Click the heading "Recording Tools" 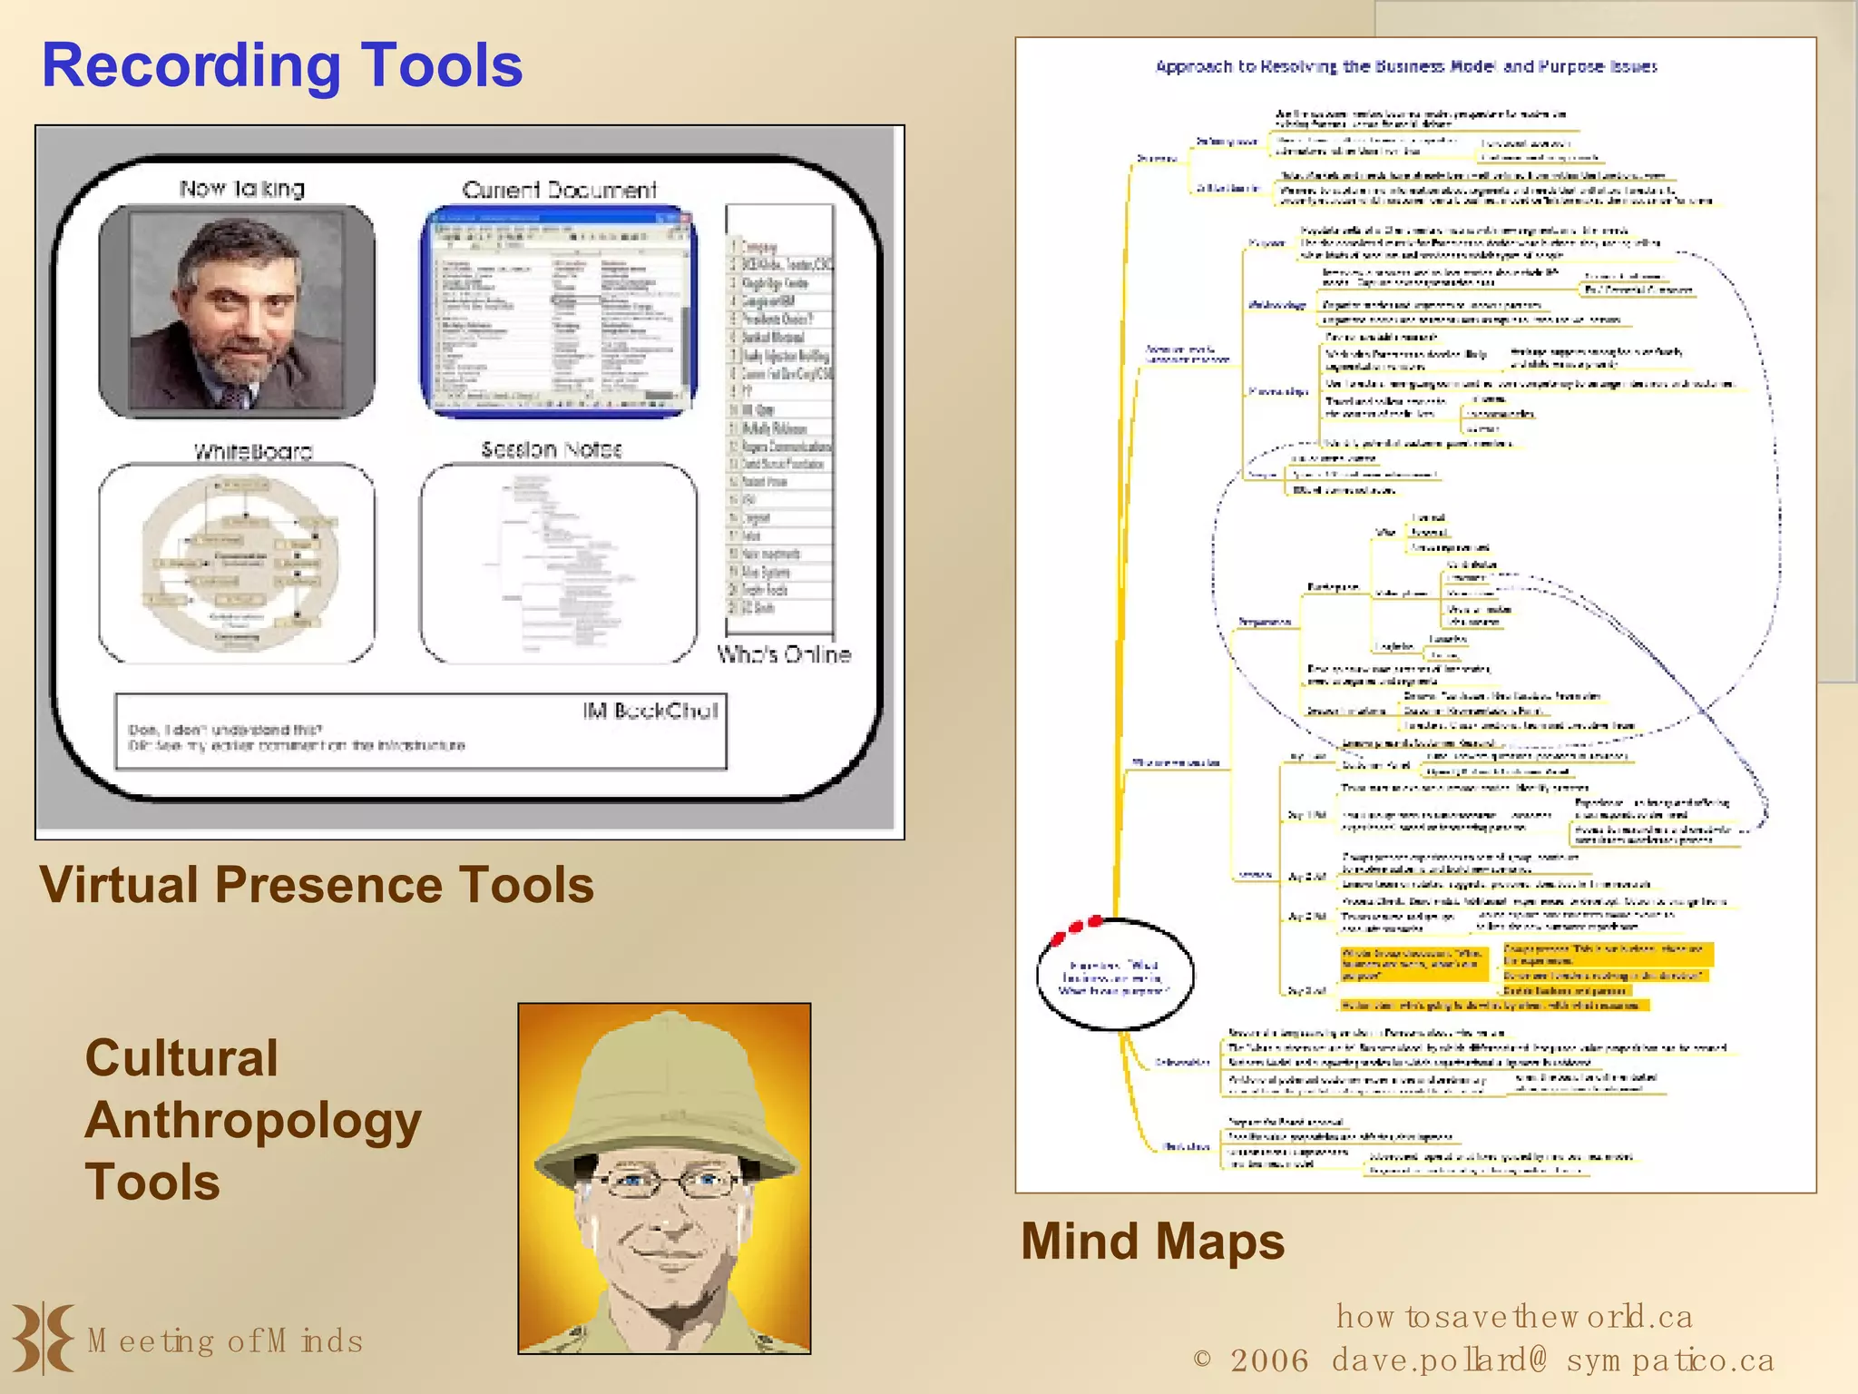coord(282,66)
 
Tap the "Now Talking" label coord(242,189)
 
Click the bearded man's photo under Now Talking coord(237,310)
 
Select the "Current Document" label coord(559,190)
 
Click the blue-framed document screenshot coord(559,311)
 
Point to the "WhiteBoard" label coord(253,451)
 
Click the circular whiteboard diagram coord(240,564)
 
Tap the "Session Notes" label coord(552,449)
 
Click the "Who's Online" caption coord(784,654)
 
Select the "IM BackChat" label coord(650,711)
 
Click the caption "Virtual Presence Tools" coord(317,885)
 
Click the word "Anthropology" coord(253,1120)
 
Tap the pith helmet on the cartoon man coord(665,1080)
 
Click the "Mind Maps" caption coord(1153,1242)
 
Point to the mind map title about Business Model coord(1406,66)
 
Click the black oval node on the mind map coord(1115,976)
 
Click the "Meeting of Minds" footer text coord(225,1341)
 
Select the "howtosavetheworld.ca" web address coord(1514,1316)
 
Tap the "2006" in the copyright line coord(1269,1360)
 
